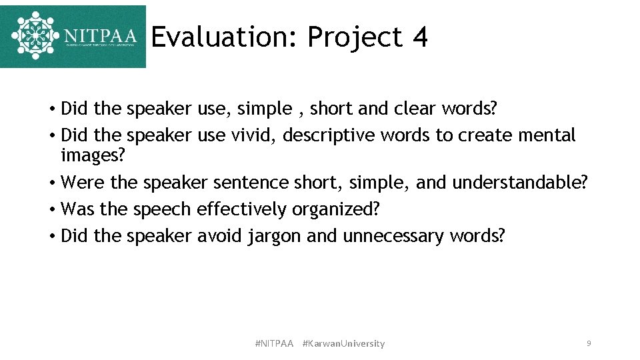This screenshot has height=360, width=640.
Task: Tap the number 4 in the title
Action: point(419,37)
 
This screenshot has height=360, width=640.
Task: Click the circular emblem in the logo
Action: point(35,35)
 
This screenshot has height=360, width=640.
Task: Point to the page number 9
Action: point(588,343)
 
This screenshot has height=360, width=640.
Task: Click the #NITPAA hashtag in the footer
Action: point(274,343)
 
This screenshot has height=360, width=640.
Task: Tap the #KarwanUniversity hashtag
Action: point(343,343)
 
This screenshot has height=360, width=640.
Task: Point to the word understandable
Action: point(520,182)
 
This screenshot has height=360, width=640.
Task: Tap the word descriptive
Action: point(329,135)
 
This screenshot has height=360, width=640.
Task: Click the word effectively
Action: point(241,209)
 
